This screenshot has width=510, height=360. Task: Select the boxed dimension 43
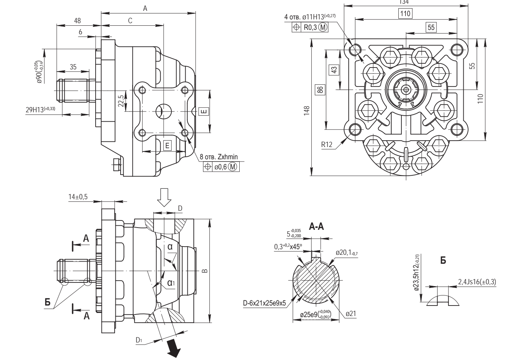[334, 70]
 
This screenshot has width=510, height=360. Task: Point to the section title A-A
[317, 227]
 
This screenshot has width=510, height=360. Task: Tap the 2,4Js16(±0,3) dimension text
[477, 282]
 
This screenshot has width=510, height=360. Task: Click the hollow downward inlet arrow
[164, 198]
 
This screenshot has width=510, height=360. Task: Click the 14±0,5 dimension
[78, 197]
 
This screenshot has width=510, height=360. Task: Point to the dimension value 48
[77, 21]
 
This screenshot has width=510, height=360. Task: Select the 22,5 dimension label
[120, 101]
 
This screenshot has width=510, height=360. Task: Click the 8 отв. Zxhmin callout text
[218, 157]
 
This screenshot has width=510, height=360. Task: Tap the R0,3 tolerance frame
[310, 27]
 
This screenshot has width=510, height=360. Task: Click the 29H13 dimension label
[40, 109]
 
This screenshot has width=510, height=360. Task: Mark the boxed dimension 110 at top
[405, 14]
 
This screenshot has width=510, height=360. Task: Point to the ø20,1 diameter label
[346, 253]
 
